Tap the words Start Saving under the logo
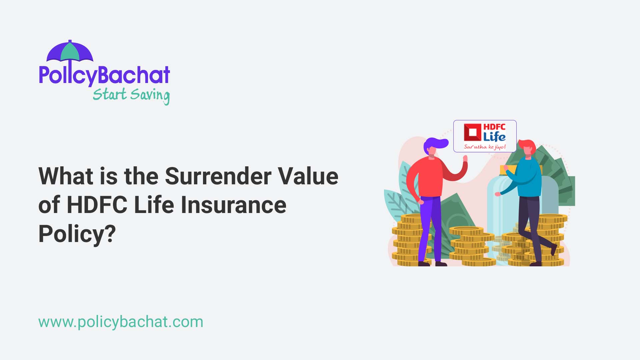[x=131, y=95]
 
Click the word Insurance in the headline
[x=233, y=205]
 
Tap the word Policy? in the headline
[x=77, y=234]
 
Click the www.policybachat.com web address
[x=121, y=322]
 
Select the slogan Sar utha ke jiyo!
[x=485, y=147]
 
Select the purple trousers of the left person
[x=430, y=227]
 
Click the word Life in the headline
[x=154, y=205]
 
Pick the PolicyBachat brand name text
[x=104, y=75]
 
